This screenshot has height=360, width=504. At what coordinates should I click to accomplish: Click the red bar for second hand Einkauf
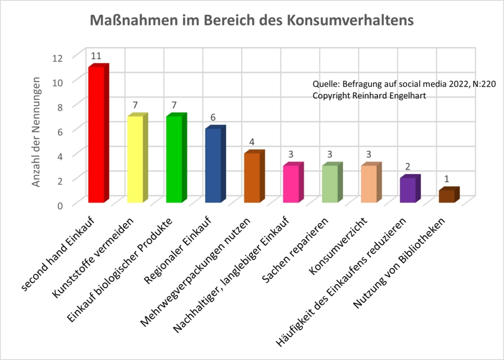pos(96,135)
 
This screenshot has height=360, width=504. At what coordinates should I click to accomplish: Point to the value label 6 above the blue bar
pos(213,118)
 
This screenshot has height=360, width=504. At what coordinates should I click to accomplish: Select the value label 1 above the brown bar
pos(447,180)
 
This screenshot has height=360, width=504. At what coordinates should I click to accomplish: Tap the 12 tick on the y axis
pos(58,57)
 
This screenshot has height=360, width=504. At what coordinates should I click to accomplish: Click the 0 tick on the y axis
pos(60,205)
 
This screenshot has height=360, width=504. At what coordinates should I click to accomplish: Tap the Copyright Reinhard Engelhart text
pos(369,96)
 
